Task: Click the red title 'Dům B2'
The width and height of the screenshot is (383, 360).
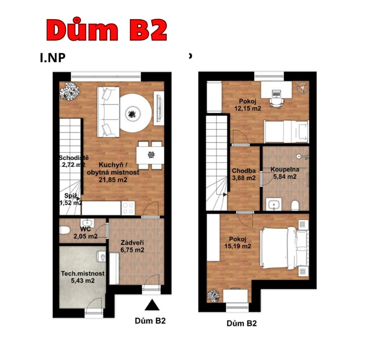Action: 107,30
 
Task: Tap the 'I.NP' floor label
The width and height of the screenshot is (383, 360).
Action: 53,58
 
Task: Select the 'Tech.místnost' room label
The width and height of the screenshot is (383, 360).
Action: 83,274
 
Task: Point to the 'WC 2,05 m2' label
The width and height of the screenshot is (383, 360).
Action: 85,232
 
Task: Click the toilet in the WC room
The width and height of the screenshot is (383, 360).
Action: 65,230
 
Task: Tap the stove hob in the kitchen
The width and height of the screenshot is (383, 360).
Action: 128,208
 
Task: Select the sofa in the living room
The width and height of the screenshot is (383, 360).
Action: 108,112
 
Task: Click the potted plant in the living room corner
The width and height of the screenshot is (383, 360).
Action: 70,91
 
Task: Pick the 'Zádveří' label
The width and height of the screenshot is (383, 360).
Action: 132,243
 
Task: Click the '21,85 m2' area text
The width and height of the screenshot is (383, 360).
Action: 113,180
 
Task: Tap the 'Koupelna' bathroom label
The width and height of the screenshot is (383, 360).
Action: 285,169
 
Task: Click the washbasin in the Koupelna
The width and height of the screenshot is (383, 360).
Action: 274,204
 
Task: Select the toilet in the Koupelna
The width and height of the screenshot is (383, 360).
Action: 295,206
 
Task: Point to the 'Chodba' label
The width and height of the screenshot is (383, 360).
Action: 244,171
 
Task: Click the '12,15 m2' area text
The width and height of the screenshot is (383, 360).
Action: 248,108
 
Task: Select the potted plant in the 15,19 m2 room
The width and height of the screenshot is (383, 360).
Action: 213,296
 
